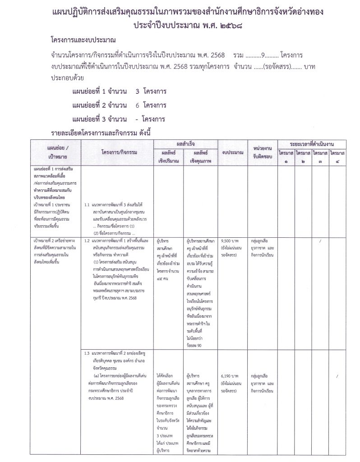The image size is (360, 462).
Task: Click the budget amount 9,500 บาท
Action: [231, 241]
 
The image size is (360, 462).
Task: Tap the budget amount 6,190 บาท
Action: [231, 375]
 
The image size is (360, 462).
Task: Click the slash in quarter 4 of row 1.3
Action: [337, 375]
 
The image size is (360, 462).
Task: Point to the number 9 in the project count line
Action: [256, 55]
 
